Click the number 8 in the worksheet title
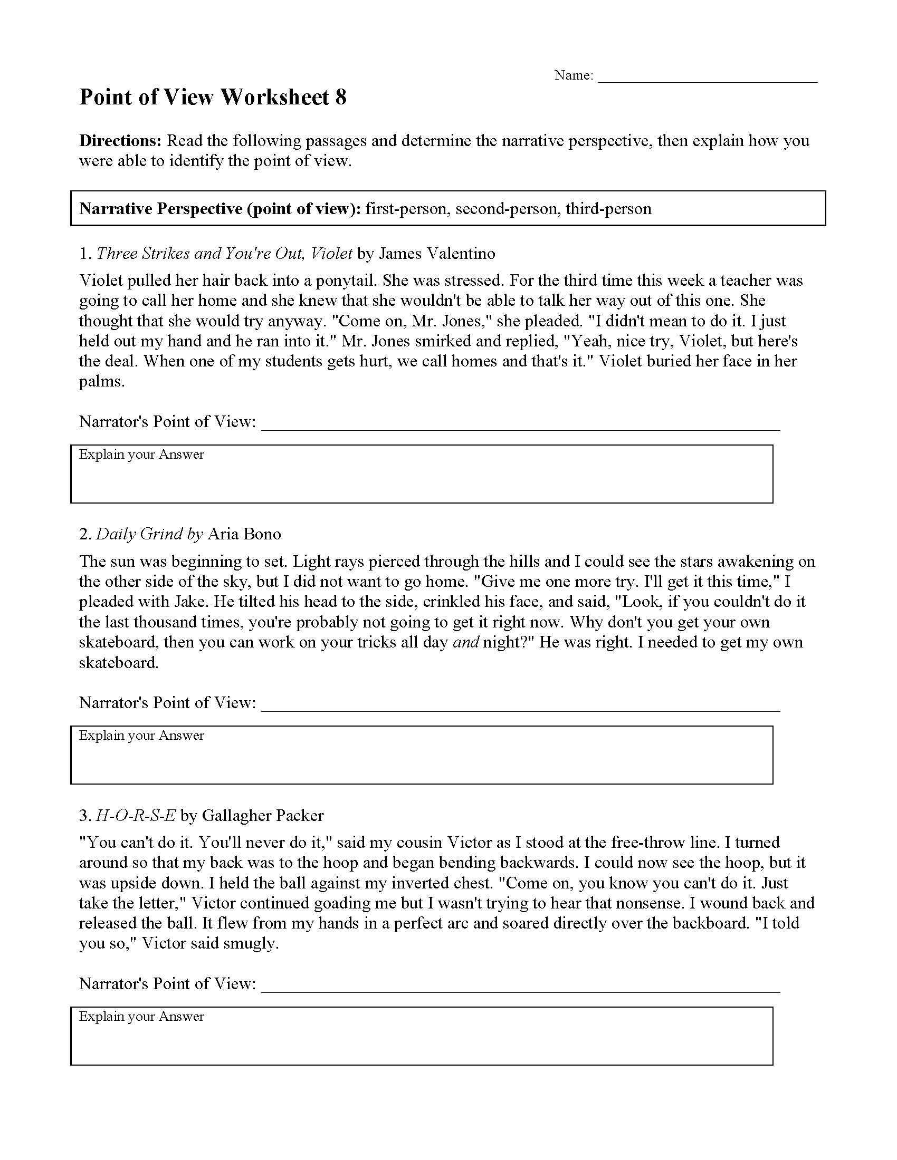341,98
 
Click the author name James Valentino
437,253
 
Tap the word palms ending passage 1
101,381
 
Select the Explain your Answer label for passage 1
141,455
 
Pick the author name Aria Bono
244,534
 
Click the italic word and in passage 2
465,642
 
